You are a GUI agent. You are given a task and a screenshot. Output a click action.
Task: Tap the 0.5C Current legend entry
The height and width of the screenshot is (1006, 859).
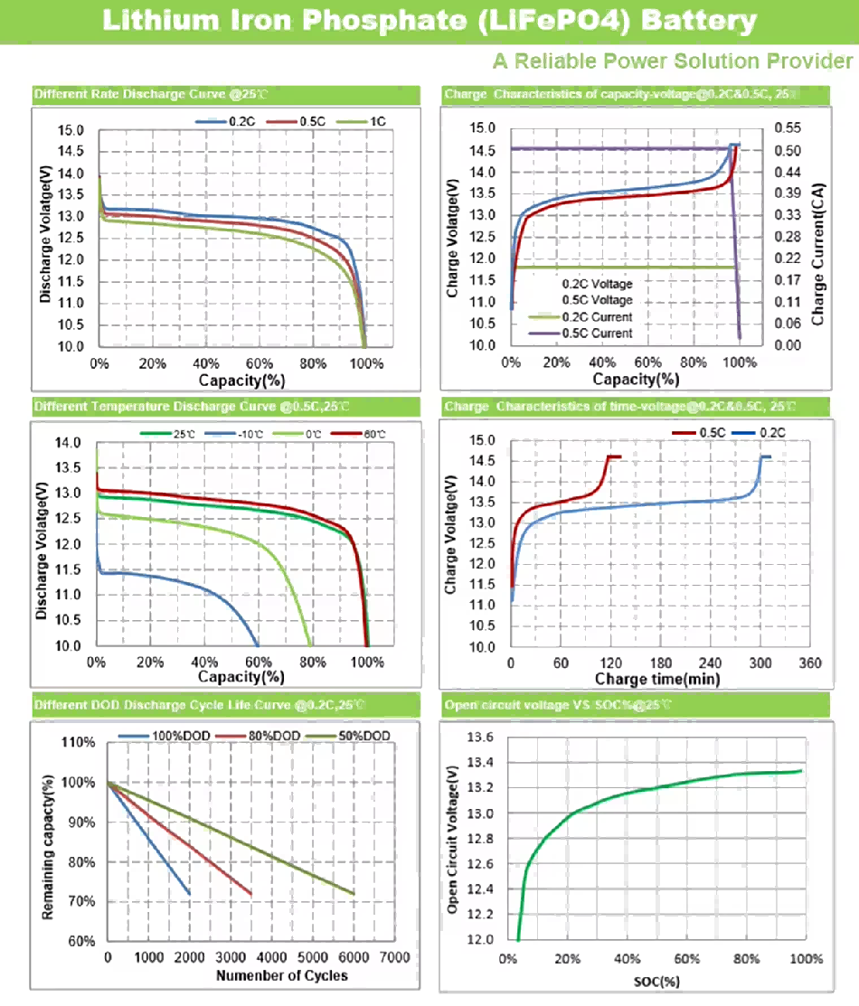[597, 334]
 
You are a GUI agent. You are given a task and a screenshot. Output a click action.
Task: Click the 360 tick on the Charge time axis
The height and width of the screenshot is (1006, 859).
[810, 663]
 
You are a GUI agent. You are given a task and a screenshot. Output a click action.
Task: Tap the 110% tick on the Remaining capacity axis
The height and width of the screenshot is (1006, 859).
[79, 743]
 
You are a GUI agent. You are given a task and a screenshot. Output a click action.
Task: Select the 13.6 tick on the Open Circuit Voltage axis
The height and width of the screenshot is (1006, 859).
[481, 738]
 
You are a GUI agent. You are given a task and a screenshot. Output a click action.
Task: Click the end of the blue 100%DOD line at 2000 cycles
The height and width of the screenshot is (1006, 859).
[190, 894]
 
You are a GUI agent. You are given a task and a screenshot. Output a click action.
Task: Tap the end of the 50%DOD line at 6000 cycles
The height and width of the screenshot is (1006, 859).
[353, 894]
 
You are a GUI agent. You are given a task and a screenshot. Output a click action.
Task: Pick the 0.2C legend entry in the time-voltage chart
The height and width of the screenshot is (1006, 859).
[771, 434]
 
